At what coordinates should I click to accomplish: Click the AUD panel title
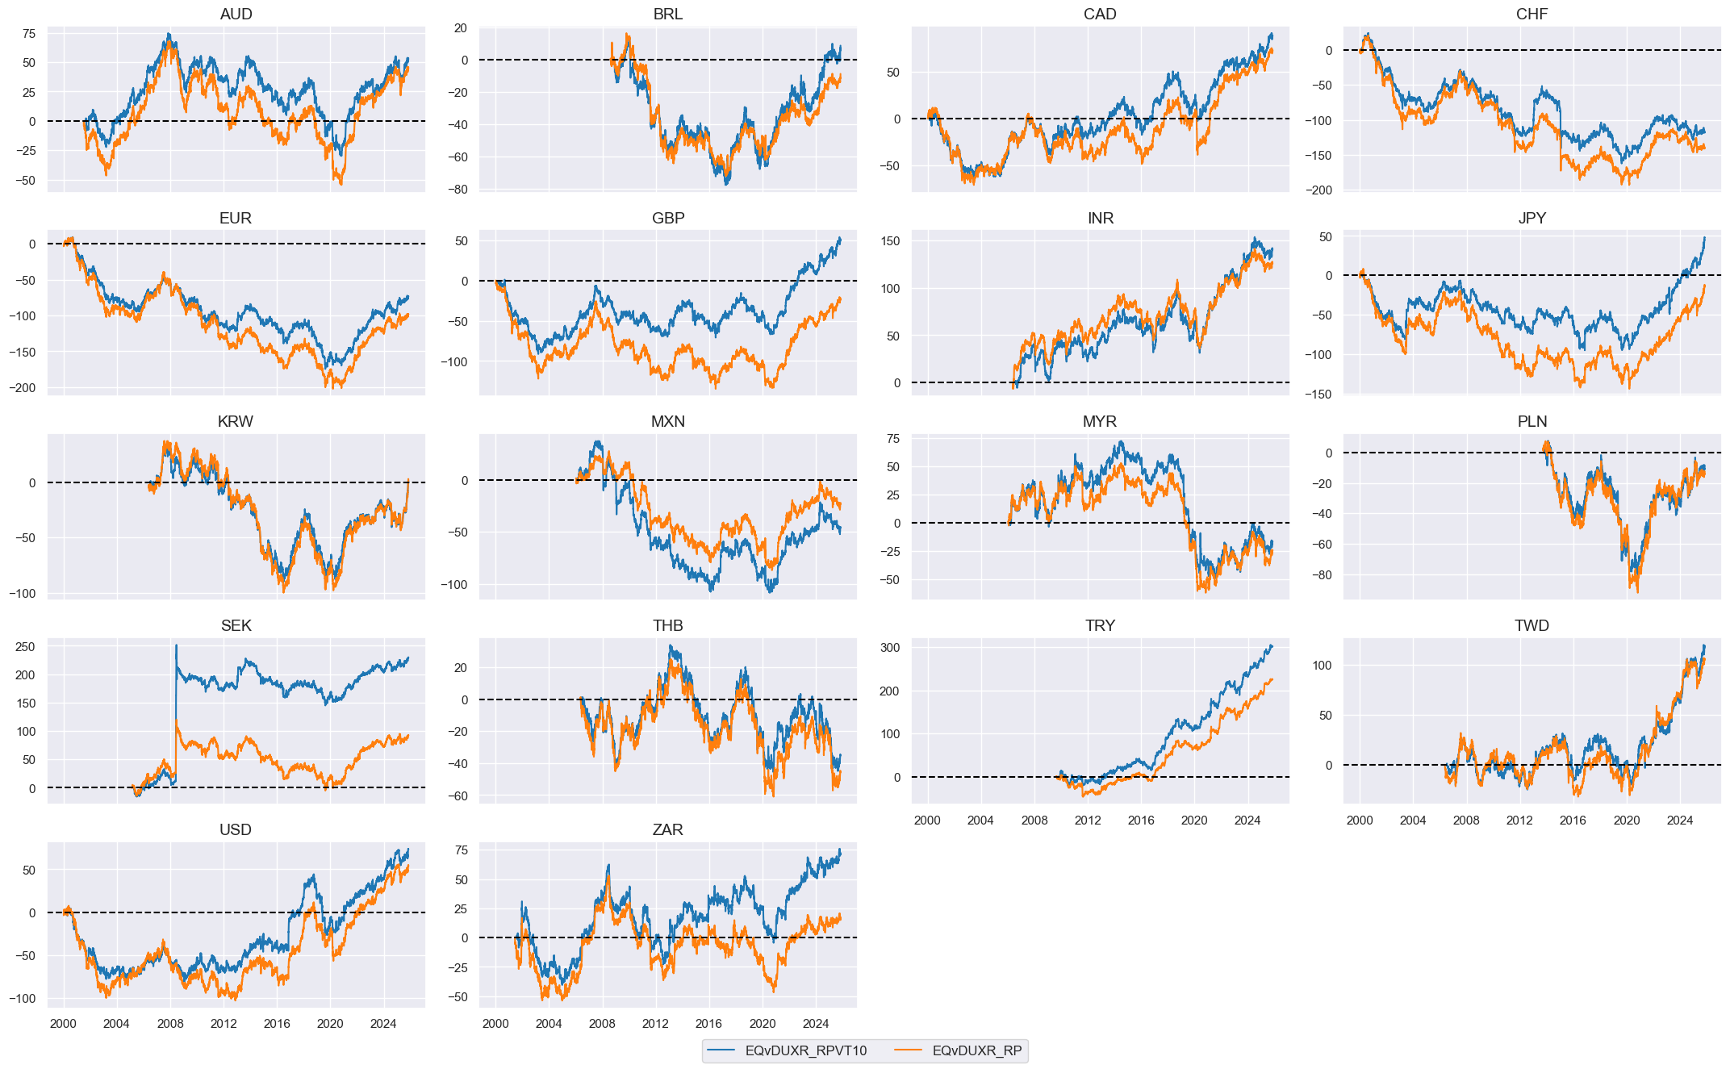(x=236, y=14)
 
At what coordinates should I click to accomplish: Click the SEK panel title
(x=236, y=625)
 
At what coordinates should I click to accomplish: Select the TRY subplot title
(x=1100, y=625)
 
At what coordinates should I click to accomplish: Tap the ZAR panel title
(x=667, y=829)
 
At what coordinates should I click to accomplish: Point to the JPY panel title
(x=1532, y=218)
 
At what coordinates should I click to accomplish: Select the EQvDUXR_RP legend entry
(x=976, y=1050)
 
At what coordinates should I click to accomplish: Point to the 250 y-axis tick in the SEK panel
(x=25, y=647)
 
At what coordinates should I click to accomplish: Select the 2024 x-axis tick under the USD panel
(x=383, y=1024)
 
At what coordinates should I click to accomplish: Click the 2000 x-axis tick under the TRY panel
(x=927, y=821)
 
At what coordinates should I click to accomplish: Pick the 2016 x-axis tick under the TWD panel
(x=1573, y=821)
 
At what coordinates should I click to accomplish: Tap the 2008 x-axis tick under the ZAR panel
(x=602, y=1024)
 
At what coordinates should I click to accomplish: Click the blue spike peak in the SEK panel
(x=176, y=645)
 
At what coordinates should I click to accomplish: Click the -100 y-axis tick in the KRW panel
(x=22, y=593)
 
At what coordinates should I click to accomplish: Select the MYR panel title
(x=1100, y=421)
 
